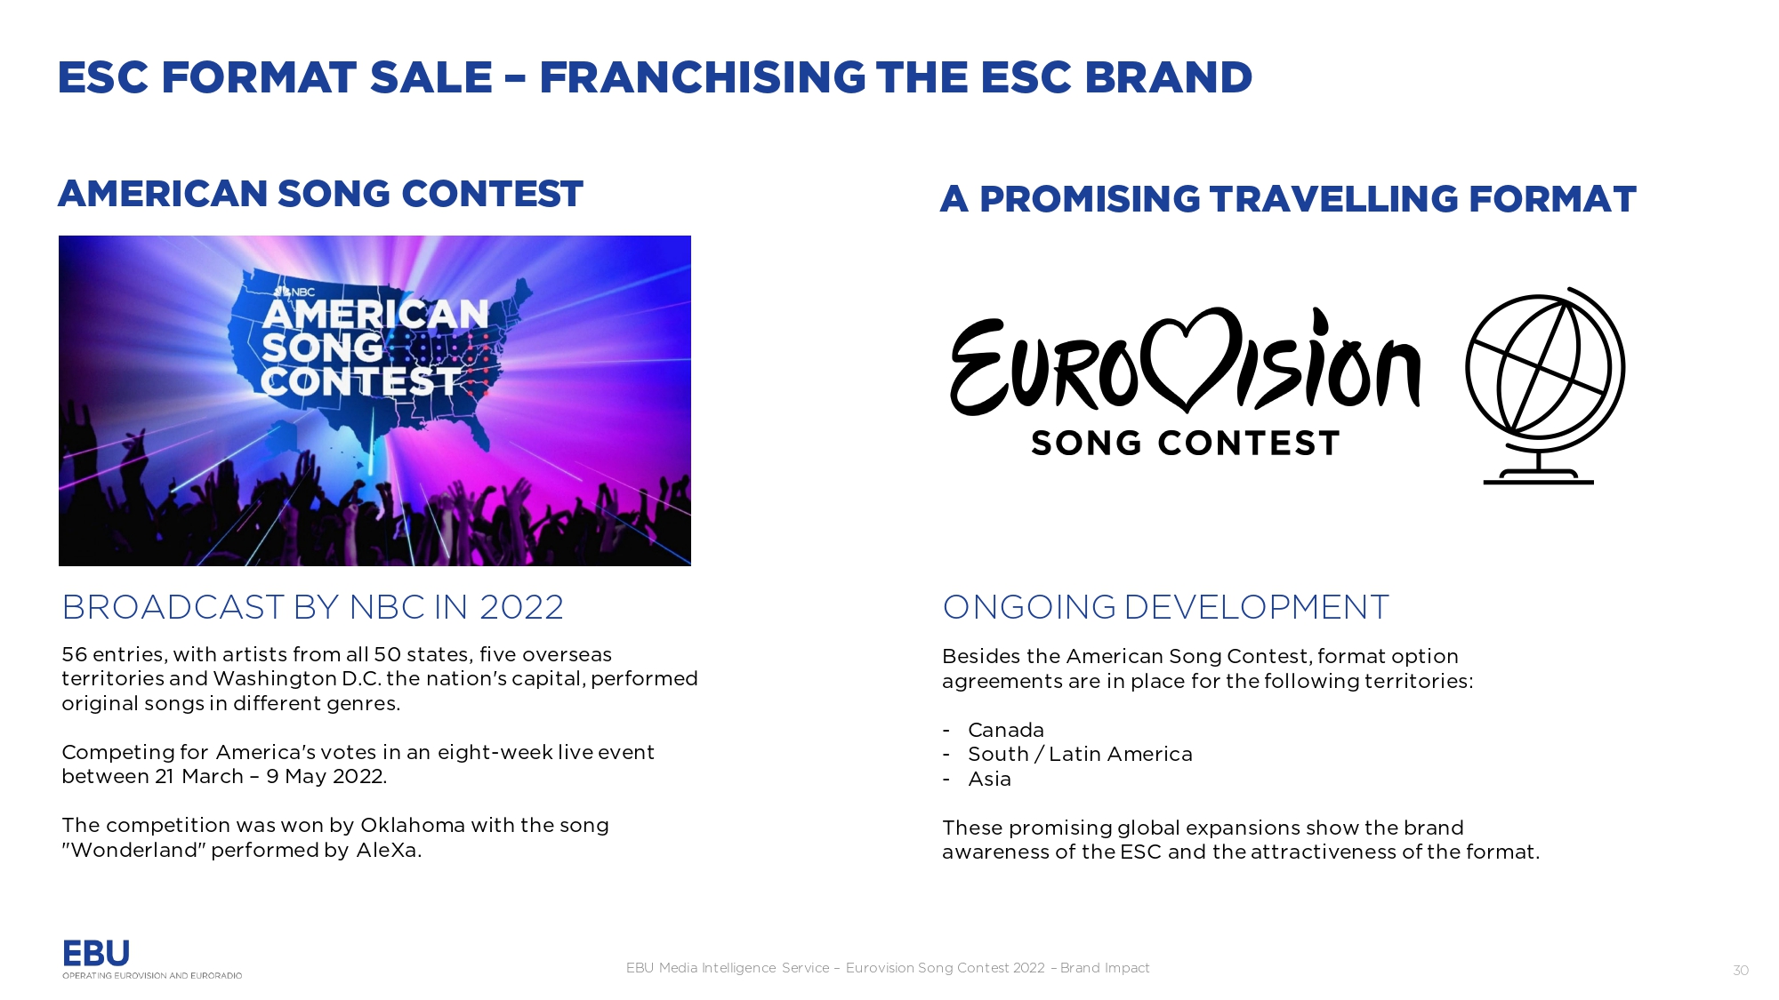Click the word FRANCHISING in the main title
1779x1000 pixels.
point(703,77)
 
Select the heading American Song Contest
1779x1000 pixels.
point(320,194)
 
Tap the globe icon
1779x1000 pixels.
point(1546,385)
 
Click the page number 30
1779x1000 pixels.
point(1741,970)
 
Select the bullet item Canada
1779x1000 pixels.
point(1006,730)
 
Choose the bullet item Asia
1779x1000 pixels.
point(989,779)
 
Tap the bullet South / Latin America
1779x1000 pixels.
point(1080,754)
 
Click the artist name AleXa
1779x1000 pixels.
point(387,850)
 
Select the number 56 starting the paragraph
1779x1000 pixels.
point(74,654)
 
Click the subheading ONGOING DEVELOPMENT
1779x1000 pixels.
point(1165,607)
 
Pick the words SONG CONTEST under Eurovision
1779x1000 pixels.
point(1185,443)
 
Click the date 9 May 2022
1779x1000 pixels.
point(326,776)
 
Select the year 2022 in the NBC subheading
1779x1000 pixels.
point(521,607)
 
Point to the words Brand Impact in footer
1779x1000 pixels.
point(1105,968)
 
